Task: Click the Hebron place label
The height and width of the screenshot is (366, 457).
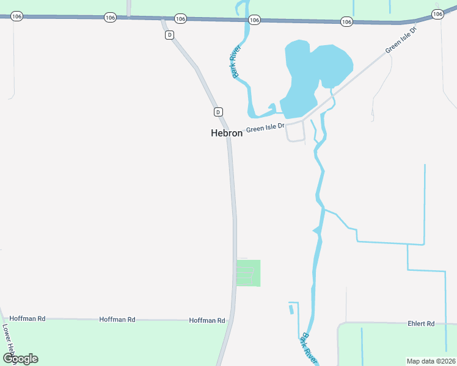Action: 226,132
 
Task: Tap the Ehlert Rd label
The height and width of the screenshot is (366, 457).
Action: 422,323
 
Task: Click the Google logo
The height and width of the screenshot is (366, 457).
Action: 20,359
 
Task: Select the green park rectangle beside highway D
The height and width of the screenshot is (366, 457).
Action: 249,273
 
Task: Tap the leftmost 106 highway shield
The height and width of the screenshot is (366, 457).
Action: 16,16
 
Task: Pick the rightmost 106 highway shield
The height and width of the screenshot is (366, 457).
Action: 437,13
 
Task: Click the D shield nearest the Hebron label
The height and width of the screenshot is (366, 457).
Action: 218,112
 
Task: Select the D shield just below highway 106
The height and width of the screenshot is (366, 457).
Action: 169,35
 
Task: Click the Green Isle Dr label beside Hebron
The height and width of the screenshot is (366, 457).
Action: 266,128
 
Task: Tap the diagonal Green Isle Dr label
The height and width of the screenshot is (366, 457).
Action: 401,40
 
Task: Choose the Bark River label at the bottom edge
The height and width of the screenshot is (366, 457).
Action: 309,348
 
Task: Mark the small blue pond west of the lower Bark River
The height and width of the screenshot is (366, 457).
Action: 291,309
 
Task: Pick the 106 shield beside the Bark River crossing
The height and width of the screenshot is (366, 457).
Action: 255,20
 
